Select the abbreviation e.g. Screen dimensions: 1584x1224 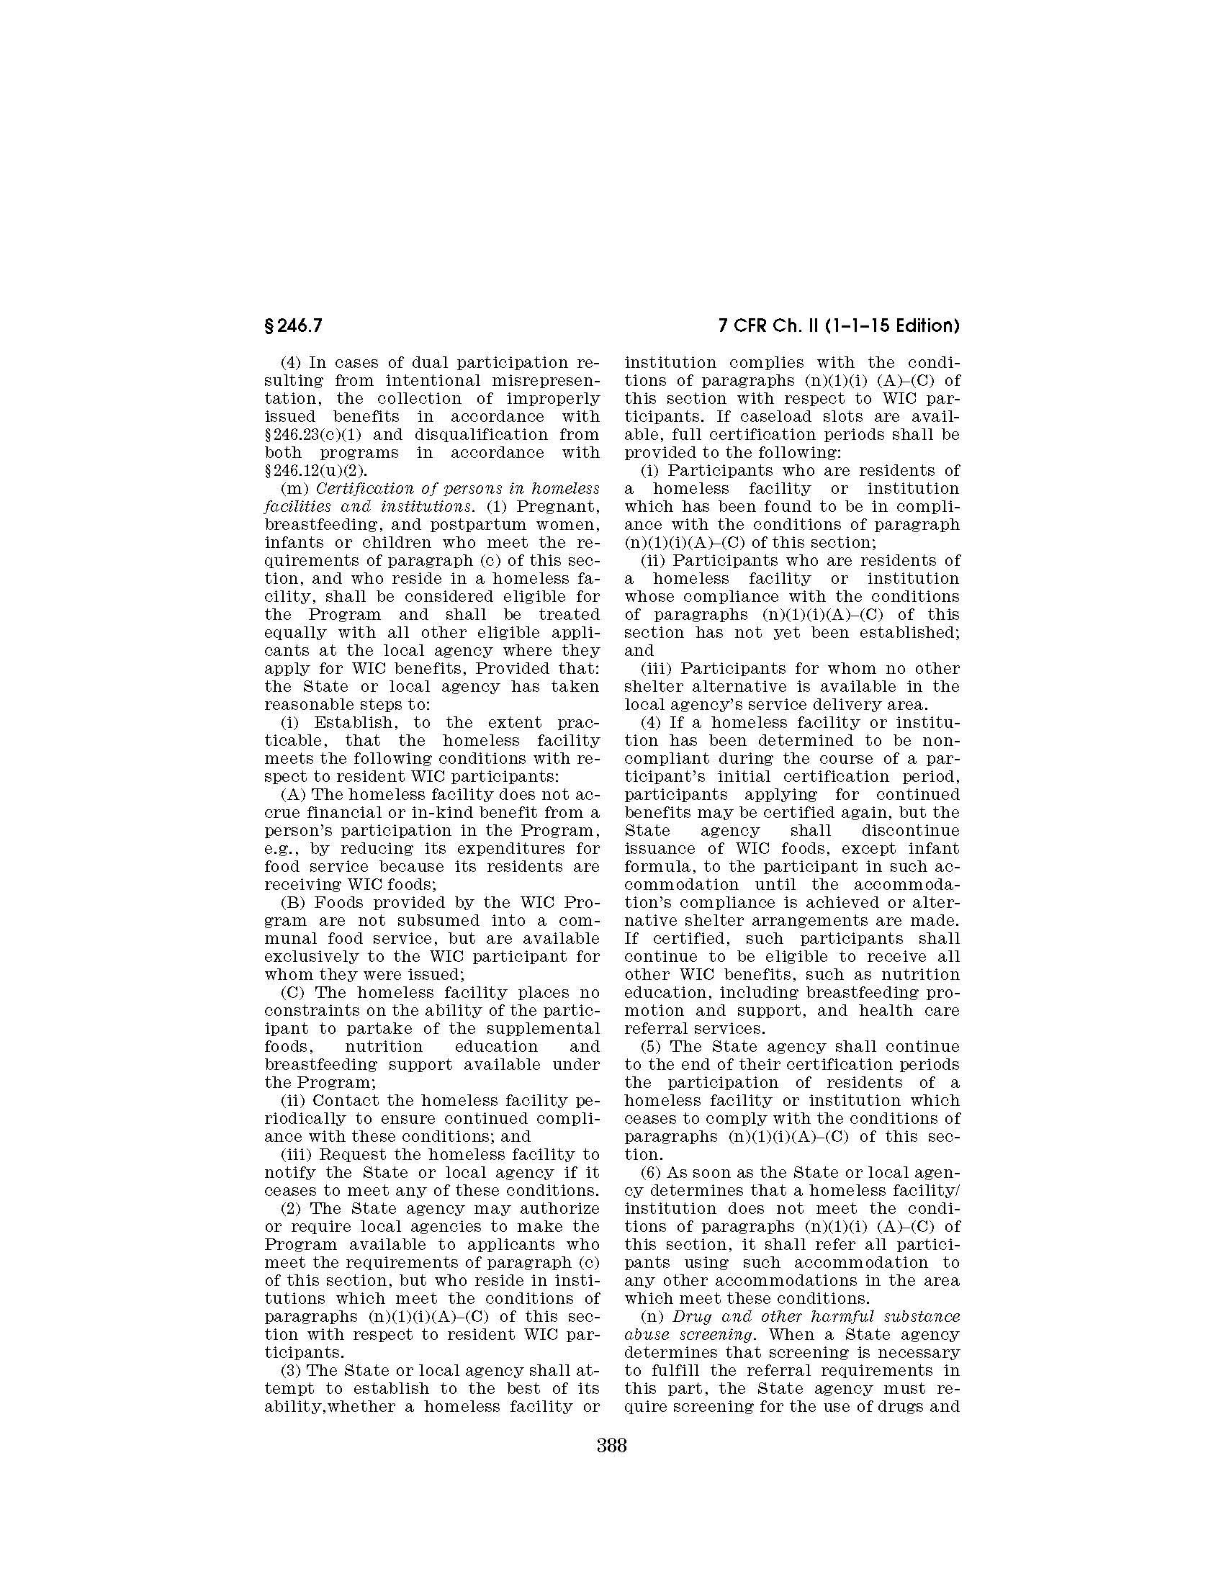coord(282,849)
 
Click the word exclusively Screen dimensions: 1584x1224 coord(314,957)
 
